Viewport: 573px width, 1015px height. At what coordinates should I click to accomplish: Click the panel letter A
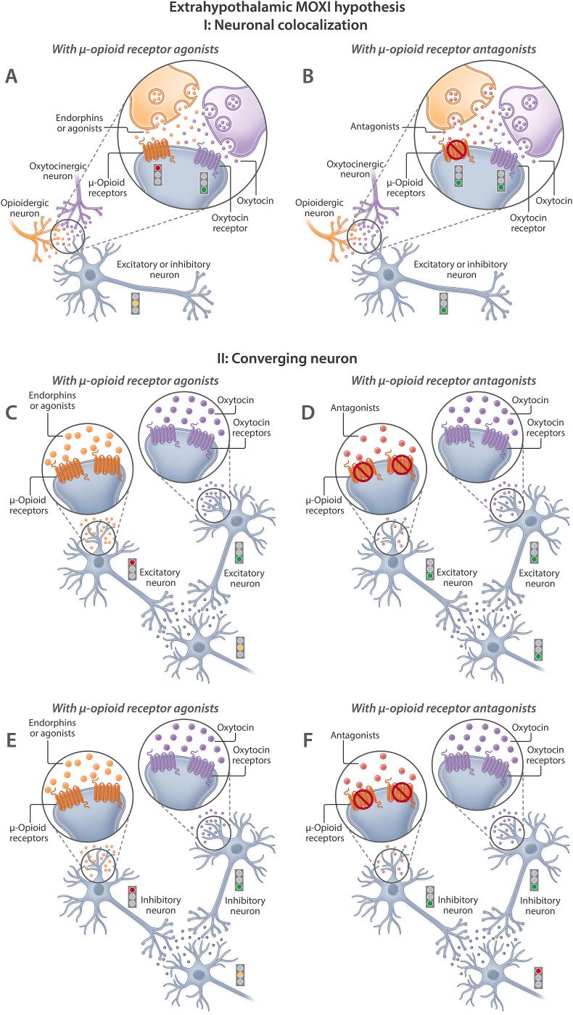coord(12,75)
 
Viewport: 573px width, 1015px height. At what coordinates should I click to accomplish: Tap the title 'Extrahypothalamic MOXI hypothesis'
coord(286,9)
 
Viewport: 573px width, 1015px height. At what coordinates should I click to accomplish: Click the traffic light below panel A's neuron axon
coord(136,303)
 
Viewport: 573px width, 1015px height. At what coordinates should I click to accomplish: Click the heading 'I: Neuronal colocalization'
coord(286,25)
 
